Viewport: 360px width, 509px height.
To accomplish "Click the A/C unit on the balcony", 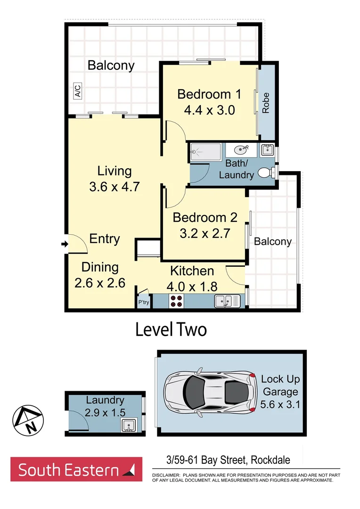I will (77, 90).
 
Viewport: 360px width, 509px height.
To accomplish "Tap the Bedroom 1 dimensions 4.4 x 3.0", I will (209, 110).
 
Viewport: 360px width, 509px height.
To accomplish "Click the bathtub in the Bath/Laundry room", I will (205, 152).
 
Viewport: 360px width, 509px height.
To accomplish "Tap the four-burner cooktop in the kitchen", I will (177, 301).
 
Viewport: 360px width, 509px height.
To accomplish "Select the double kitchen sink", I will (227, 301).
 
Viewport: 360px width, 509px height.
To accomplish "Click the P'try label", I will (143, 303).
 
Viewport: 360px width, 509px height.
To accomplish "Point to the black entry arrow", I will (65, 244).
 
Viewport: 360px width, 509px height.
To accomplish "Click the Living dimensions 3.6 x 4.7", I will (114, 187).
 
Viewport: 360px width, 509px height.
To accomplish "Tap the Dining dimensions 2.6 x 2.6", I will (99, 283).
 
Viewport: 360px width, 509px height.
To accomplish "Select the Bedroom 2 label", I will (205, 217).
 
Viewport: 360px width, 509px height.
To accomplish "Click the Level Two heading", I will (171, 329).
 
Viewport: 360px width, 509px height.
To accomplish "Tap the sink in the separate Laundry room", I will (128, 426).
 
